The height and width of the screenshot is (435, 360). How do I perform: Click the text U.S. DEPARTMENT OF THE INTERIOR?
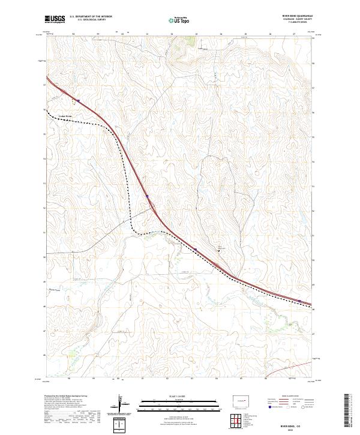pos(91,17)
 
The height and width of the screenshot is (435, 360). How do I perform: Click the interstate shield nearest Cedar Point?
pos(77,100)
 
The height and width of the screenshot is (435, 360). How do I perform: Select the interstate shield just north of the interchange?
pos(147,195)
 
